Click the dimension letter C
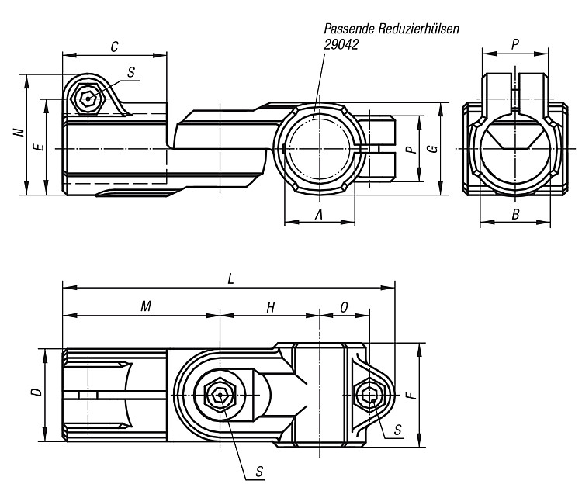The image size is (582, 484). (115, 47)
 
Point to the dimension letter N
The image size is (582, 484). (19, 132)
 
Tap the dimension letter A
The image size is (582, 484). (319, 214)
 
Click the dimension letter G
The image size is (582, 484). (433, 149)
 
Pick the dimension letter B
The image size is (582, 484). (515, 214)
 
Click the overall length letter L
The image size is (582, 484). (231, 279)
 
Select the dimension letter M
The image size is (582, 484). (146, 306)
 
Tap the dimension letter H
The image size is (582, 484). (271, 307)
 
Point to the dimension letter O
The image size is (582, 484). (344, 307)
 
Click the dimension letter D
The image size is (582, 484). (36, 392)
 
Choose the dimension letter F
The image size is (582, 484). (412, 396)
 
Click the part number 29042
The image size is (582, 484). (341, 44)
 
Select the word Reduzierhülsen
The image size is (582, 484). (419, 29)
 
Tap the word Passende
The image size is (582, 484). (349, 29)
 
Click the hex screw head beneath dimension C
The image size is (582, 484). (88, 99)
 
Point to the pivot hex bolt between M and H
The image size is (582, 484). (220, 395)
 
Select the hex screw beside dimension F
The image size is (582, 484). (368, 396)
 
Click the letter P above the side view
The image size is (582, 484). (515, 44)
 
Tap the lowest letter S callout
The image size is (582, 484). (259, 472)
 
